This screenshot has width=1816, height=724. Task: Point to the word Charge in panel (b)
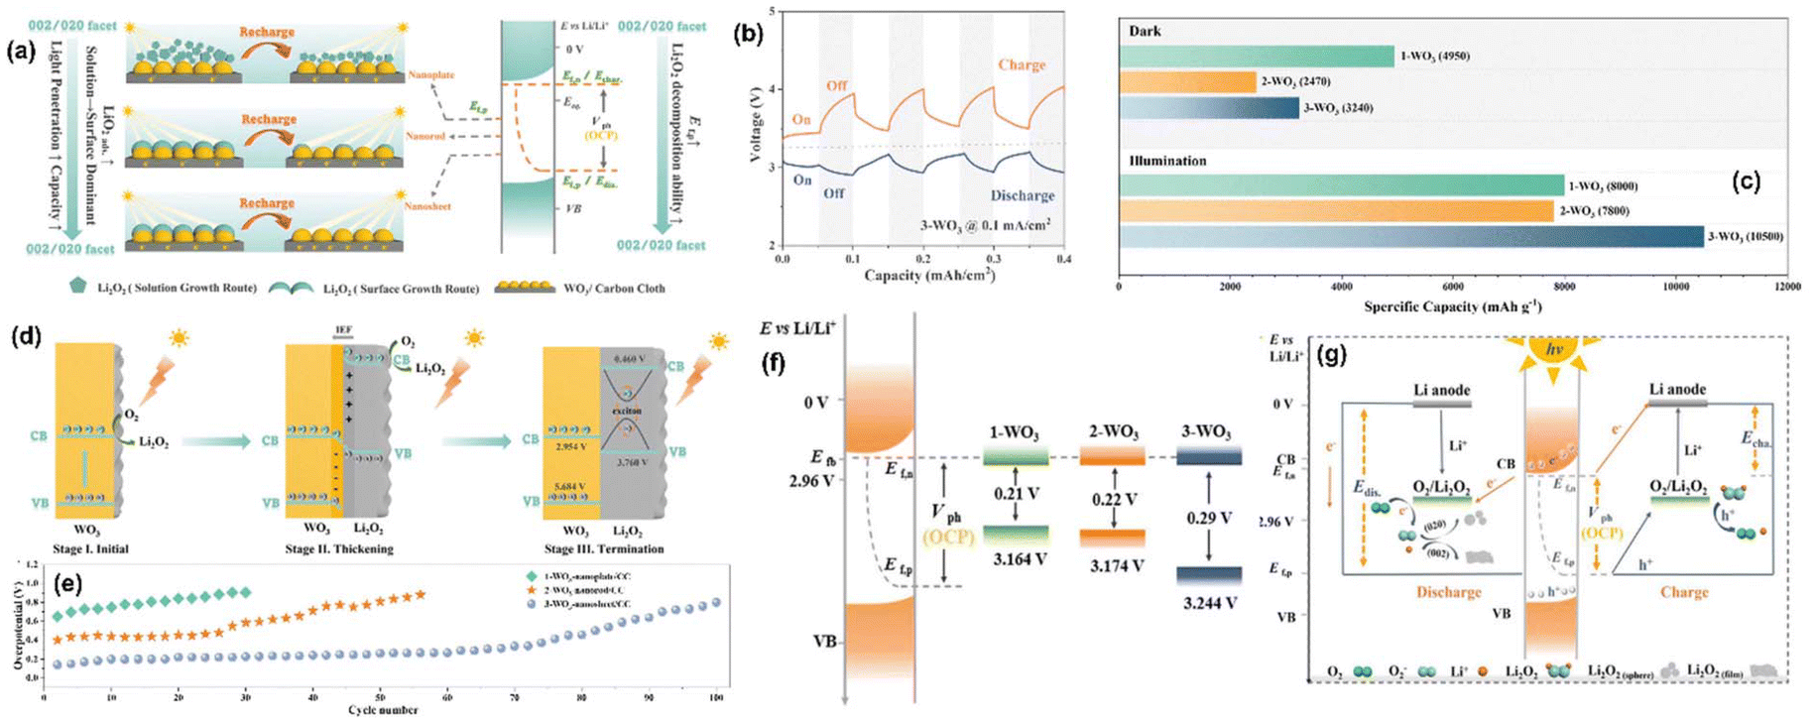1021,64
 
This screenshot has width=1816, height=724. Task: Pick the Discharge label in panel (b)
1022,195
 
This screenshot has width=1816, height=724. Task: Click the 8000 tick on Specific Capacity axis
1564,287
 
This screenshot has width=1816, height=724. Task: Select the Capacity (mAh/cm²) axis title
929,276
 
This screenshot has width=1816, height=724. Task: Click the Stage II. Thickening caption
338,548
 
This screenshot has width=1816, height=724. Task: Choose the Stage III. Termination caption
603,548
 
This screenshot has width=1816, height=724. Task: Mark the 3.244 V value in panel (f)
1209,602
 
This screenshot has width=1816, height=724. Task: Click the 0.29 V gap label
1209,518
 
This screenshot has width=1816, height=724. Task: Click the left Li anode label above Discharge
1442,391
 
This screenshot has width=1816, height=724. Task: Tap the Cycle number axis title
383,710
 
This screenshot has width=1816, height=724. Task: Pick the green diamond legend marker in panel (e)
532,576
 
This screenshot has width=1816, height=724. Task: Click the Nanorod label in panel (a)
426,136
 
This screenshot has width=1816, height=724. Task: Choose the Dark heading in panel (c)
1145,31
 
